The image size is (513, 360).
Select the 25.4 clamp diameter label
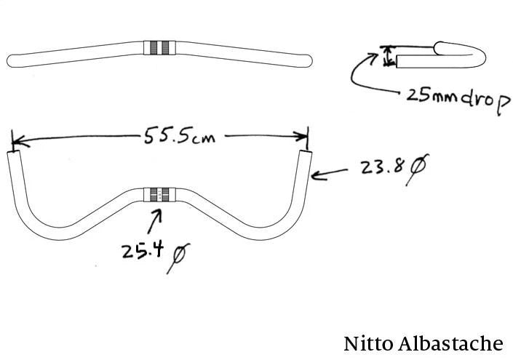coord(142,252)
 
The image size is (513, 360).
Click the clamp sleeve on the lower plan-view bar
coord(159,193)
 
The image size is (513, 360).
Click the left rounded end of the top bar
coord(10,60)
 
